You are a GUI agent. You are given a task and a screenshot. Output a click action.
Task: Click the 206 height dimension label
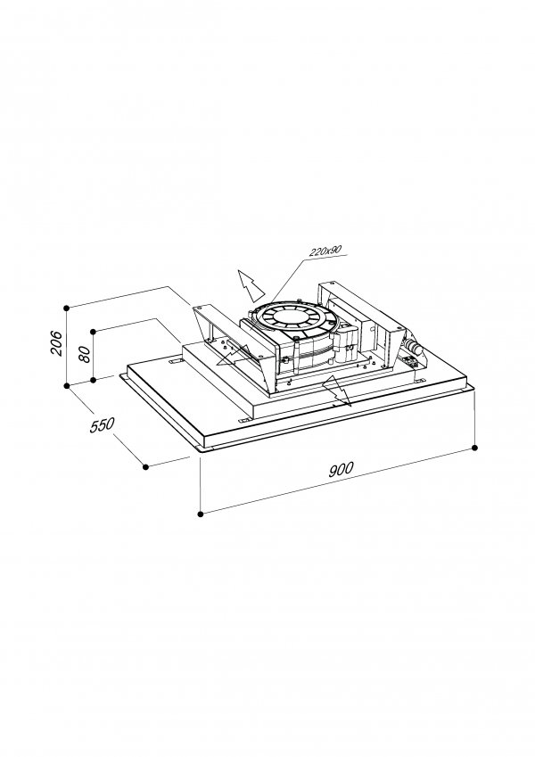tap(56, 342)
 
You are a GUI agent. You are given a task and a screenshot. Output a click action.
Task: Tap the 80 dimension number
tap(84, 354)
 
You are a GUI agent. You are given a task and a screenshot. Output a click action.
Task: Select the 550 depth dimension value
tap(103, 425)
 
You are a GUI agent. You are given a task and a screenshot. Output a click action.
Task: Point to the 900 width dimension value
tap(341, 469)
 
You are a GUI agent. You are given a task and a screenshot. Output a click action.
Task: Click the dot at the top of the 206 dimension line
tap(67, 307)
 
